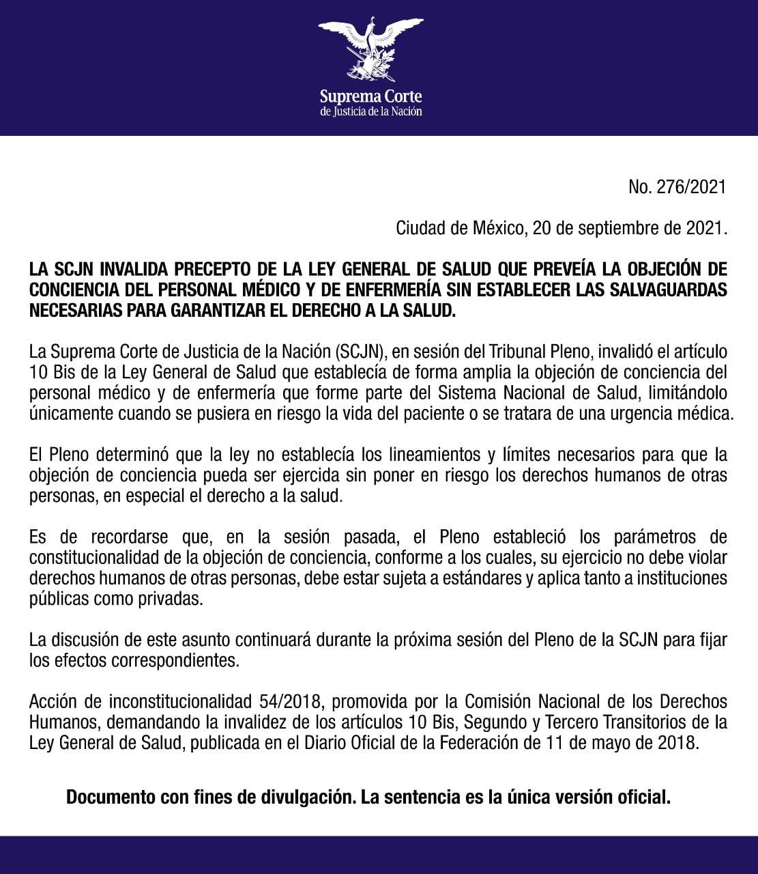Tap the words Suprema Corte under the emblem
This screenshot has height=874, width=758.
370,96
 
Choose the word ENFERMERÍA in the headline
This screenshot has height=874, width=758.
407,289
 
